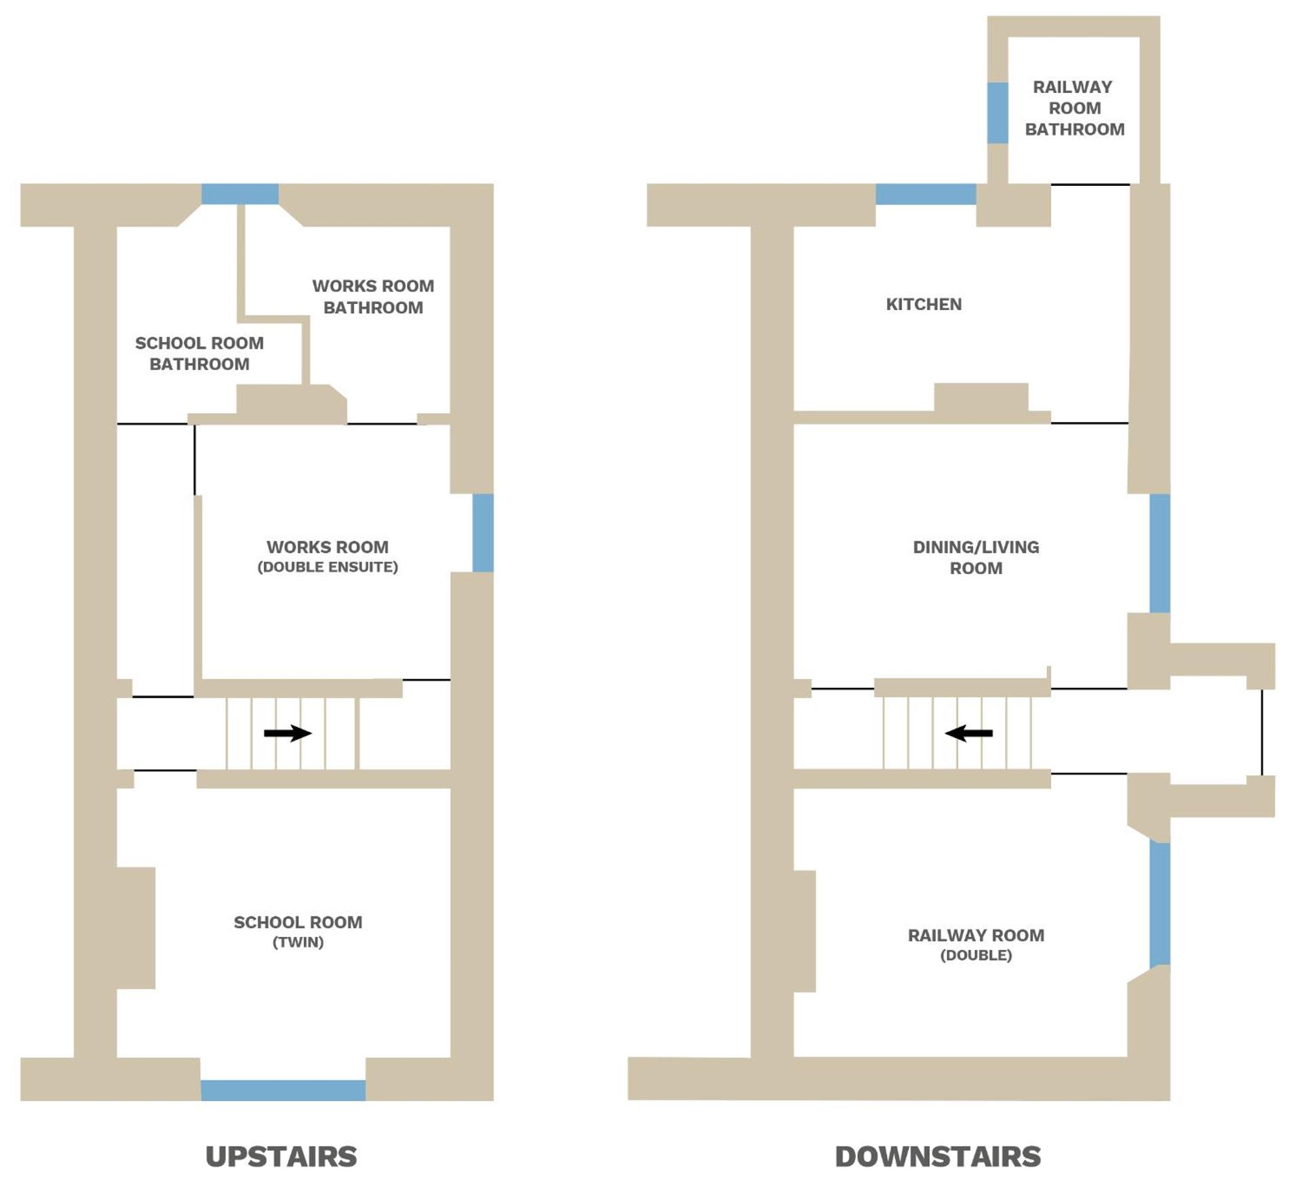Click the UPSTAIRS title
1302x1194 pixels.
pyautogui.click(x=281, y=1156)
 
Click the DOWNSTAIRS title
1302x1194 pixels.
pyautogui.click(x=937, y=1156)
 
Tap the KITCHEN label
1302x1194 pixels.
pyautogui.click(x=924, y=304)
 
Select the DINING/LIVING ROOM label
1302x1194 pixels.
pyautogui.click(x=976, y=557)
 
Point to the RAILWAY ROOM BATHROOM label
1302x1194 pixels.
pyautogui.click(x=1074, y=108)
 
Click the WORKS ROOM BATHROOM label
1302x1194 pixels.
pyautogui.click(x=373, y=296)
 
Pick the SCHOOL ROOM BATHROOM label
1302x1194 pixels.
pyautogui.click(x=199, y=353)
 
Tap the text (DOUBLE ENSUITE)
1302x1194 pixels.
pyautogui.click(x=328, y=566)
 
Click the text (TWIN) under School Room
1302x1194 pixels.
pyautogui.click(x=298, y=942)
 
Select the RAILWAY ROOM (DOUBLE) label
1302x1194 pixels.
pyautogui.click(x=976, y=944)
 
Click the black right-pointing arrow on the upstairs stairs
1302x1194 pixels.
pyautogui.click(x=288, y=733)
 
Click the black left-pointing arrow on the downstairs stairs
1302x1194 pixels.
pyautogui.click(x=969, y=733)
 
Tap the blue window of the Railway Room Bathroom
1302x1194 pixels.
pyautogui.click(x=998, y=113)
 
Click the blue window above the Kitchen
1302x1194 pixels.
pyautogui.click(x=926, y=194)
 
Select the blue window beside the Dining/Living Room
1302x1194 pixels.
pyautogui.click(x=1160, y=553)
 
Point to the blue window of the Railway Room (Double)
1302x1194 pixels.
pyautogui.click(x=1160, y=904)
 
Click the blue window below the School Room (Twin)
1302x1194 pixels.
pyautogui.click(x=283, y=1090)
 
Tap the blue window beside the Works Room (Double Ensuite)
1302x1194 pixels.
pyautogui.click(x=483, y=533)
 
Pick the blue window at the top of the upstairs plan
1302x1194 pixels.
pyautogui.click(x=240, y=194)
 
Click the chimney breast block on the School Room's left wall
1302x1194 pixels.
pyautogui.click(x=136, y=927)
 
